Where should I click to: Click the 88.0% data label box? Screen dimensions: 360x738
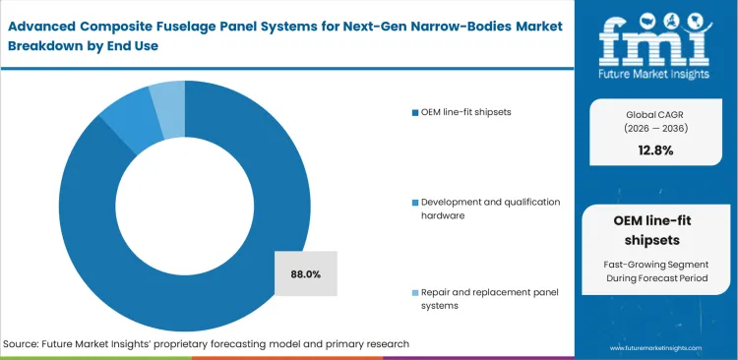pos(306,273)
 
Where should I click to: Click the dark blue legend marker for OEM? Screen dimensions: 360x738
pos(416,112)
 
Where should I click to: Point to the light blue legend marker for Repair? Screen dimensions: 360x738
pos(416,293)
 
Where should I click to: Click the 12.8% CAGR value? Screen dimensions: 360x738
pos(654,150)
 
